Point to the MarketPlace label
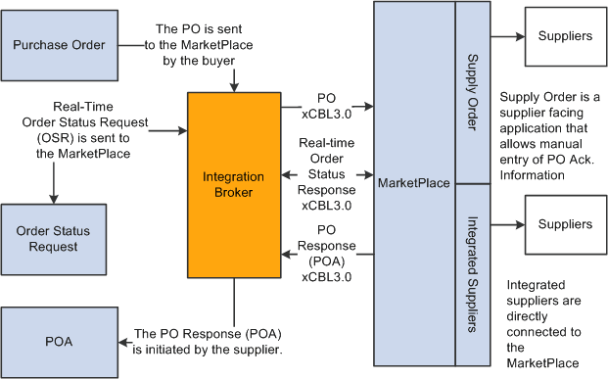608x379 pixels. click(414, 183)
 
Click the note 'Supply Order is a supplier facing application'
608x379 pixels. click(550, 135)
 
